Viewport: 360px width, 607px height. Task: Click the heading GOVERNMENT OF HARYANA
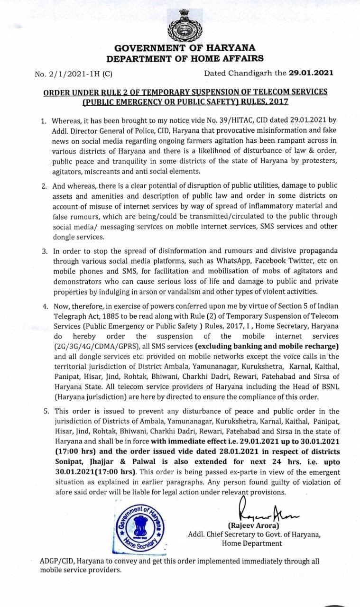[x=185, y=48]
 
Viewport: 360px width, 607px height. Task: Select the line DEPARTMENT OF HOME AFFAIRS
[x=185, y=58]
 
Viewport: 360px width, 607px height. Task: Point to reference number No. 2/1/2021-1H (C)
[x=74, y=74]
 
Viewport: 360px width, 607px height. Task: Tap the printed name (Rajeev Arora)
[x=254, y=525]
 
